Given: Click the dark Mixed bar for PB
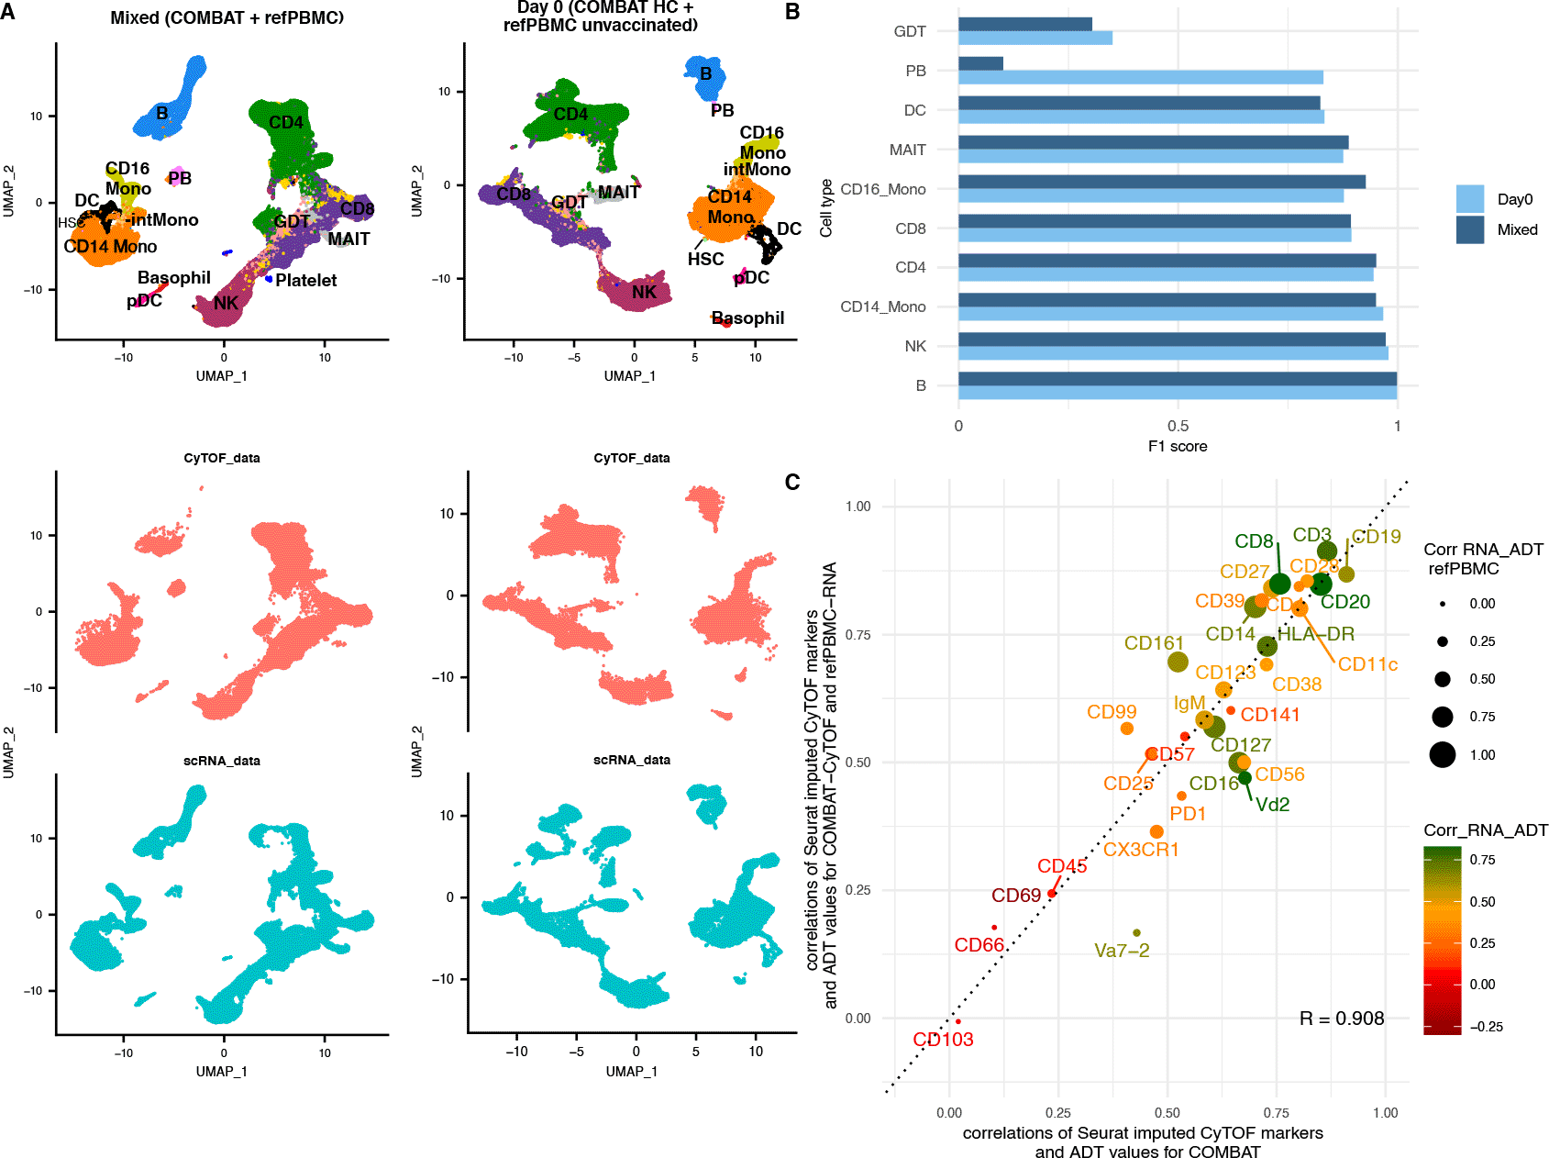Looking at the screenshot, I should click(980, 63).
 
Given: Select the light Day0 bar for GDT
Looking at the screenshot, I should click(1035, 39).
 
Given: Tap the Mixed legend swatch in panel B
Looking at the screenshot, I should click(1469, 229).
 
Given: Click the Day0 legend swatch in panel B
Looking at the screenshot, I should click(1469, 199).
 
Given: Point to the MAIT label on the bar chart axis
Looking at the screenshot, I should click(907, 150).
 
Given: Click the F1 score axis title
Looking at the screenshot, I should click(1177, 447).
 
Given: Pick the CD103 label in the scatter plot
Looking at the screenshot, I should click(943, 1040).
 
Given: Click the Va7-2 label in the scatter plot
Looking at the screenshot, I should click(1121, 951).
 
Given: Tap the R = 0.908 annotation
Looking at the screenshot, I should click(1341, 1019).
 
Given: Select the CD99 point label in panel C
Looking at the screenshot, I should click(1111, 712).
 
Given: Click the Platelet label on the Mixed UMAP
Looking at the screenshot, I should click(305, 281).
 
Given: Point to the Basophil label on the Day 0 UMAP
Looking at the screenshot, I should click(748, 318).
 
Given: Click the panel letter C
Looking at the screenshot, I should click(792, 483).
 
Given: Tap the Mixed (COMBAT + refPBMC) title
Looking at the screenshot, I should click(227, 17).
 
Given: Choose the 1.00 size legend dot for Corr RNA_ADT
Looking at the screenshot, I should click(1442, 755).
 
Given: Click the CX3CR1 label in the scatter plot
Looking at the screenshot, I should click(1140, 850).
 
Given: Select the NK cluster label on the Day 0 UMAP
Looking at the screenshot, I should click(644, 293).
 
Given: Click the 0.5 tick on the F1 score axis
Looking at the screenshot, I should click(1178, 426).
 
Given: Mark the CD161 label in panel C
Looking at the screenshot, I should click(1153, 643).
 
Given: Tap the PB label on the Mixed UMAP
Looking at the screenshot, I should click(180, 178).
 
